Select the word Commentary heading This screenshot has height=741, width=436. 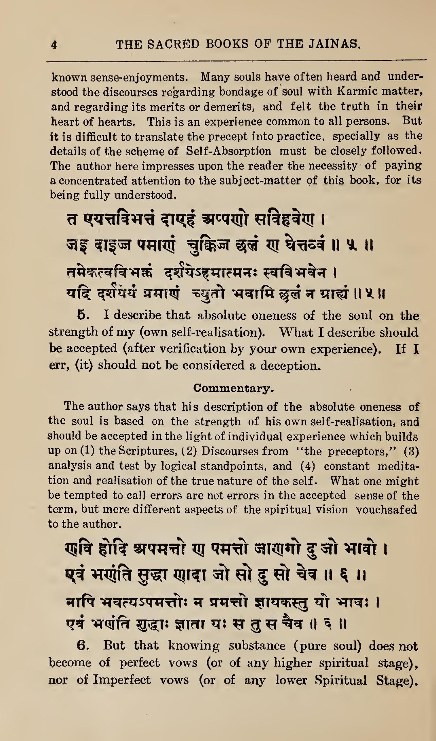click(x=233, y=388)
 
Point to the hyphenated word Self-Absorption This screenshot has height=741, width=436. click(x=229, y=151)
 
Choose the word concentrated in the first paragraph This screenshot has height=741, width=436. click(x=89, y=180)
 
